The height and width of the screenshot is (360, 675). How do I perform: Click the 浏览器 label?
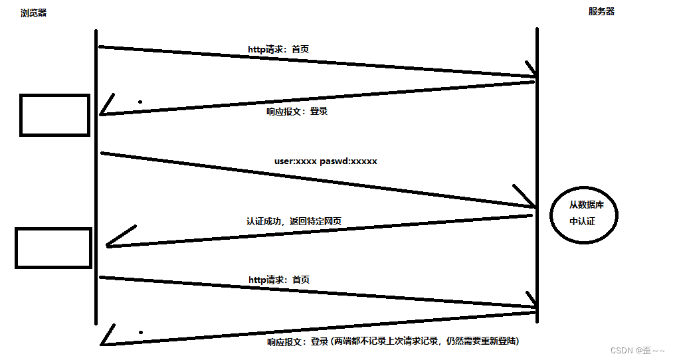pos(33,13)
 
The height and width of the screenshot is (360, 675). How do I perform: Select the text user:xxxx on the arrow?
pos(296,161)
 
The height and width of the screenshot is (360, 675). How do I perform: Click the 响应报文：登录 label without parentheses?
pos(297,112)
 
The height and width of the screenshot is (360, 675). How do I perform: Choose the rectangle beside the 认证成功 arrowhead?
pos(53,248)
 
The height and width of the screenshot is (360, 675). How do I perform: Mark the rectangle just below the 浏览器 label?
pos(54,115)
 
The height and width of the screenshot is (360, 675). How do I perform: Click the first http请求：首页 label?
pos(278,49)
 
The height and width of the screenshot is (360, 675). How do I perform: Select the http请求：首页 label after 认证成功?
pos(279,280)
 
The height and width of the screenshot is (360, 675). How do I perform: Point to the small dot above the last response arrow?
pos(140,331)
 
